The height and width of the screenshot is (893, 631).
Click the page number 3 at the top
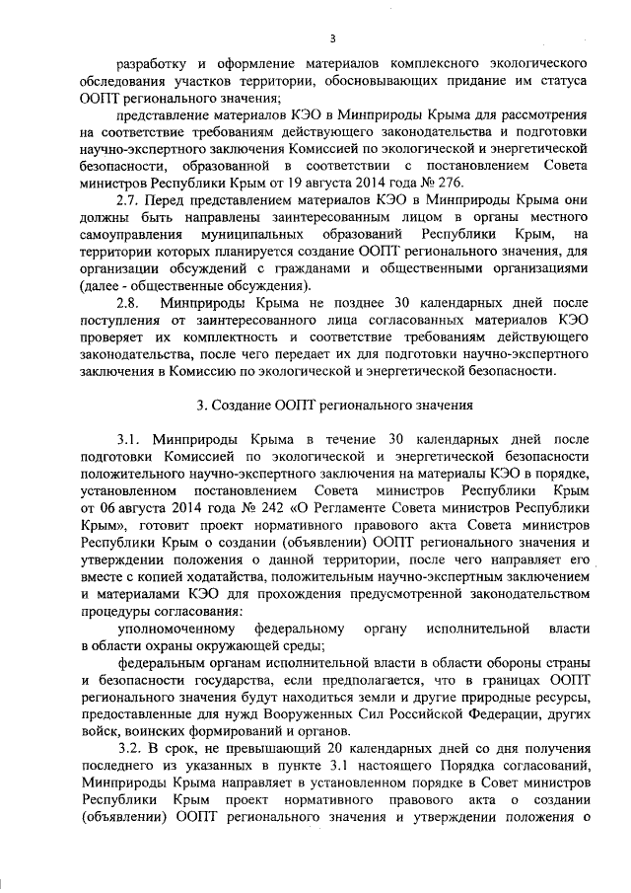click(x=333, y=38)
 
